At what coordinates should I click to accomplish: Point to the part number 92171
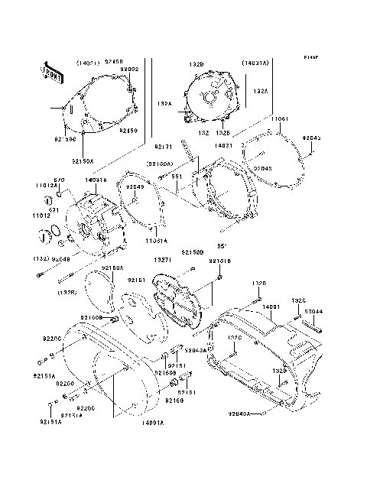click(162, 146)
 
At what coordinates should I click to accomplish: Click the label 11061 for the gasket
click(280, 120)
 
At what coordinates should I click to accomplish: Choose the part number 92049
click(135, 186)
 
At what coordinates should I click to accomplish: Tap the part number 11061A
click(157, 239)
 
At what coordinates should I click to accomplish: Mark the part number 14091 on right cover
click(272, 306)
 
